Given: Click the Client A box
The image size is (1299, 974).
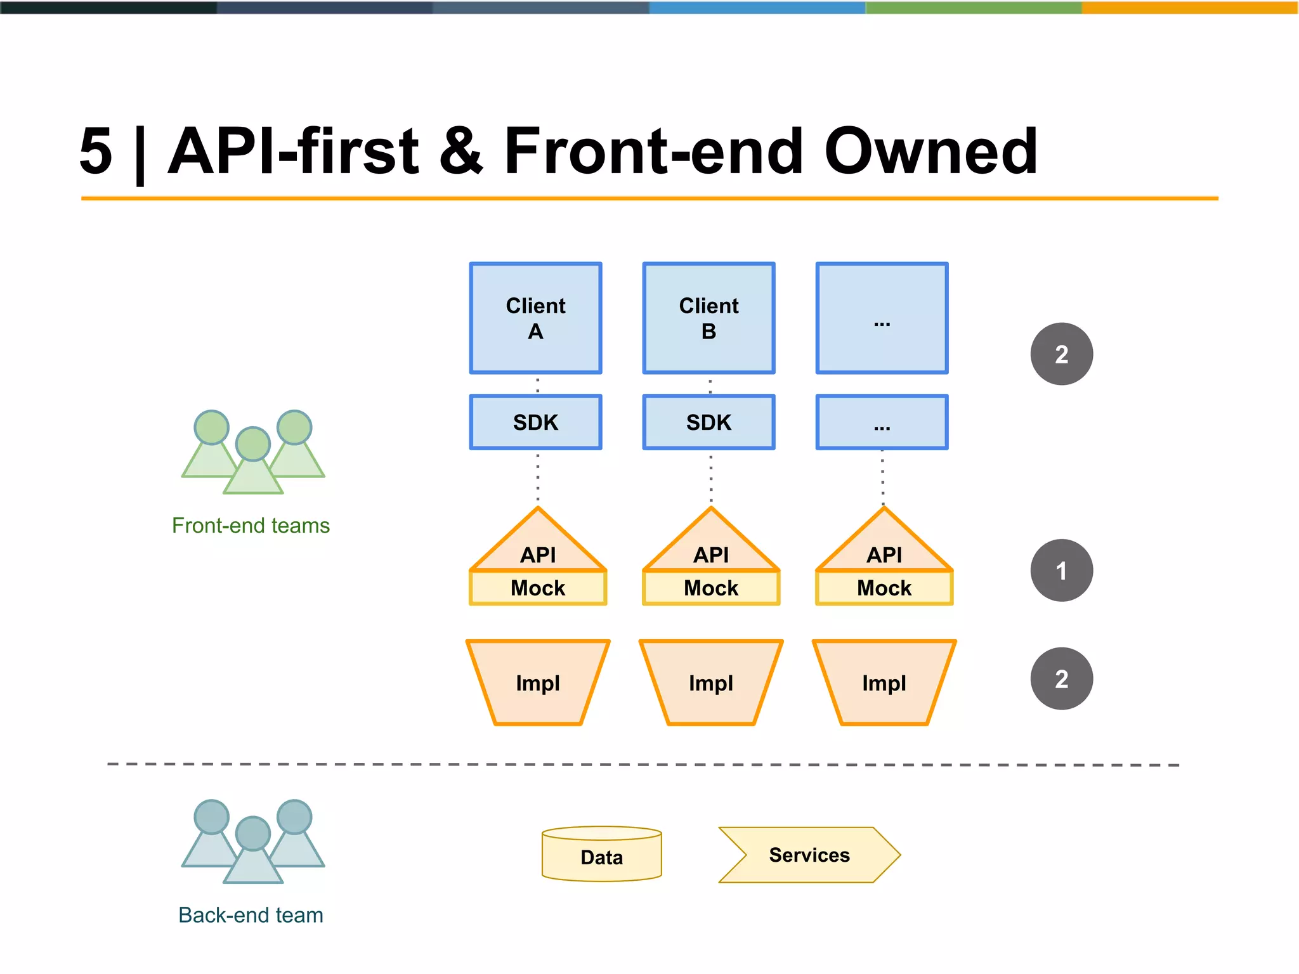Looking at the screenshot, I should coord(535,318).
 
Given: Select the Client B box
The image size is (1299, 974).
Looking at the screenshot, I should coord(708,318).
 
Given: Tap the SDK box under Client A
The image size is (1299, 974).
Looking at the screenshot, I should coord(535,422).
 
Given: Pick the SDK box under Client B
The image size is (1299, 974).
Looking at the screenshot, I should coord(708,422).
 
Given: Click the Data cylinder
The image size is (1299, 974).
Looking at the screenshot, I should coord(601,856).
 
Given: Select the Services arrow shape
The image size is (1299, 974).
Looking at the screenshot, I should coord(809,855).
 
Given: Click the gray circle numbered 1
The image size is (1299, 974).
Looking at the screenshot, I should coord(1061,570).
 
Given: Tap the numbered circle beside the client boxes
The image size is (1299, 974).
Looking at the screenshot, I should coord(1061,354).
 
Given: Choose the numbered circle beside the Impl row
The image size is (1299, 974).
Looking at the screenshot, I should coord(1061,679).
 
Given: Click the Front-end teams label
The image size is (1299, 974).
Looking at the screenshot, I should coord(251,526).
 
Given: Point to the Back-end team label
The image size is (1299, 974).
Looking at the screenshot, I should coord(251,915).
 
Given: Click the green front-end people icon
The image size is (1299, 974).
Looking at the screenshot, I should coord(253,451).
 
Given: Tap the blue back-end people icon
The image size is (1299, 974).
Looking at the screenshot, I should coord(253,841).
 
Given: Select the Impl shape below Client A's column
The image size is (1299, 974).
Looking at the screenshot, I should coord(538,682).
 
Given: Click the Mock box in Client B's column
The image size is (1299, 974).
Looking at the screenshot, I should coord(711,588).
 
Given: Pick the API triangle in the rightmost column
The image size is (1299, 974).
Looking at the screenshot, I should coord(884,545).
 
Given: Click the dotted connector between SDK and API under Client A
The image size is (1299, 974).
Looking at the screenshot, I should coord(538,477).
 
